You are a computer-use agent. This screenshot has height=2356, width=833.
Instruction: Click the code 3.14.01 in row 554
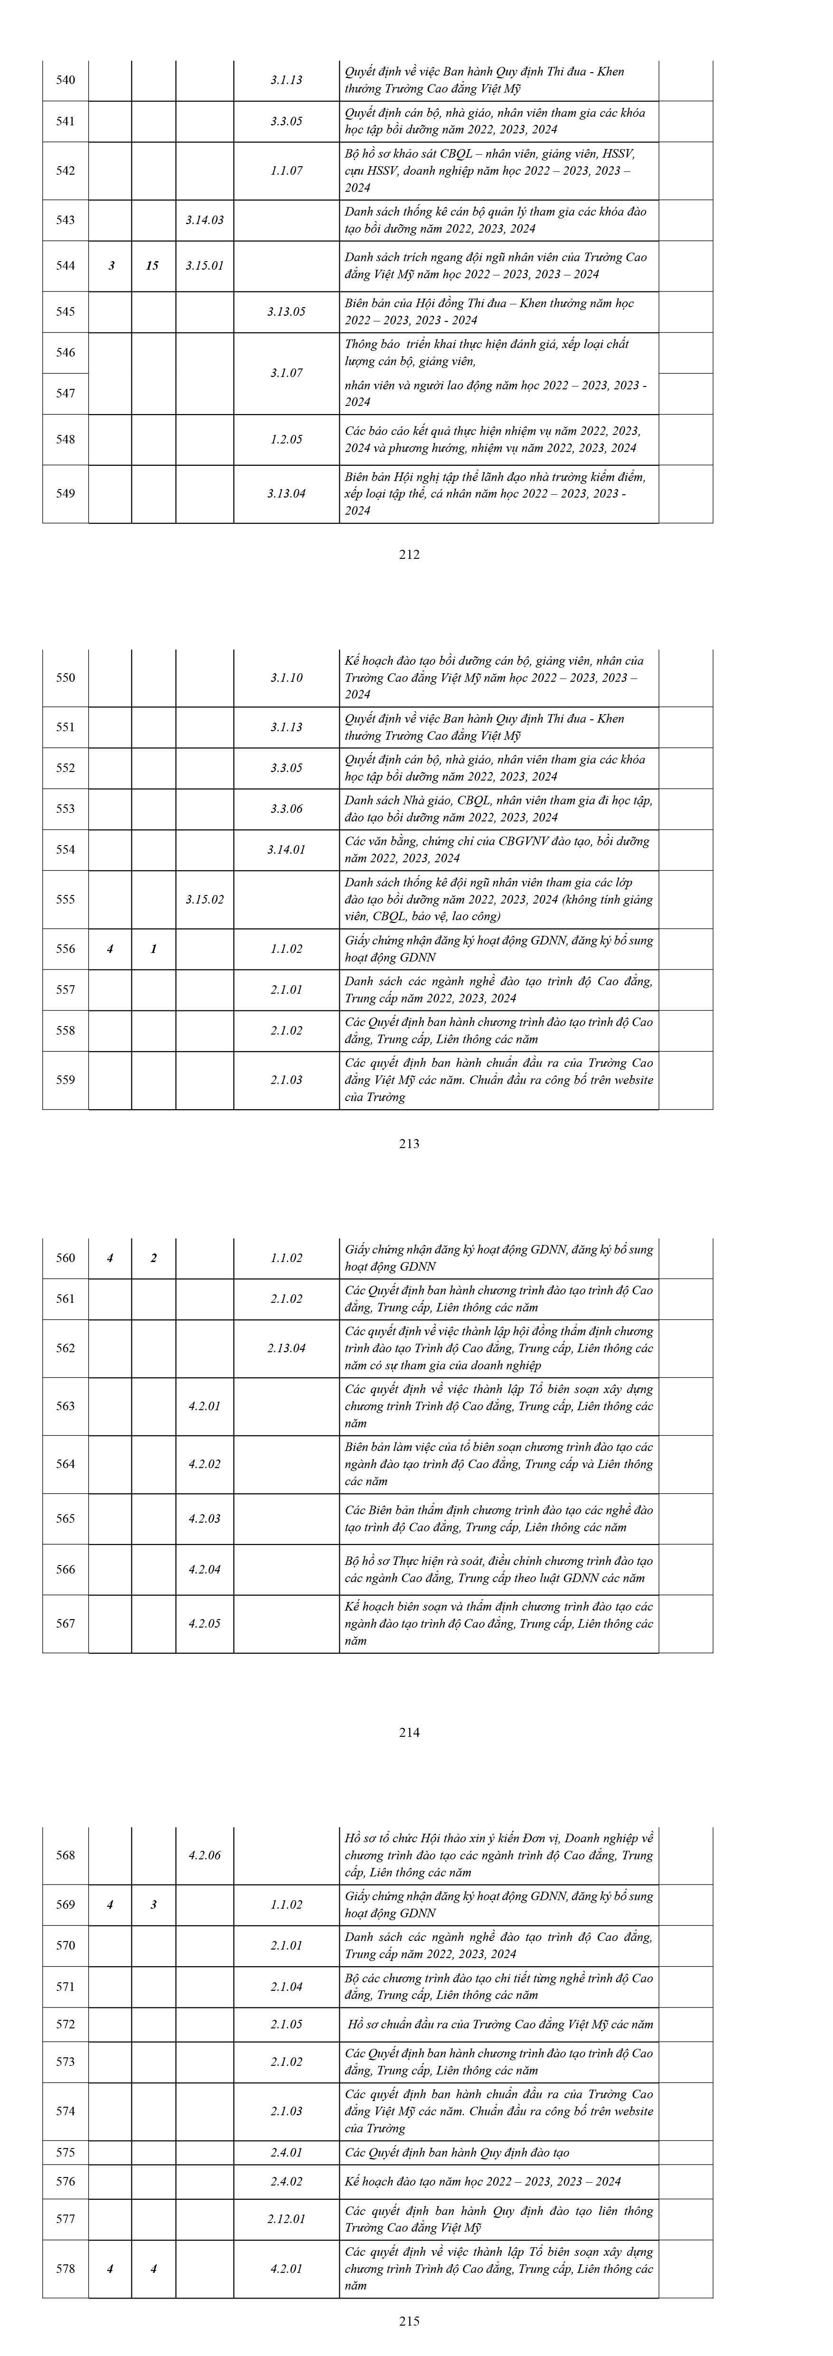point(286,849)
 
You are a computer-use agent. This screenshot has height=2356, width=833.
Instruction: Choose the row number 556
point(66,949)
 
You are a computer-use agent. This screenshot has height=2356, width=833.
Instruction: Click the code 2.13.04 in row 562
point(286,1348)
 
